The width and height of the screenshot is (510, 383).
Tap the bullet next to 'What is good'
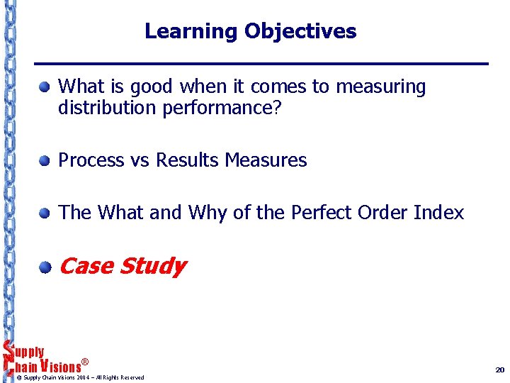(45, 88)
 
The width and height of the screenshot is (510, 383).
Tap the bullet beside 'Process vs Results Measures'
(45, 161)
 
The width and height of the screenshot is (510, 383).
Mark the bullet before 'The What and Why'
(45, 213)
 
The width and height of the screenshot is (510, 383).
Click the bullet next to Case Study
(45, 267)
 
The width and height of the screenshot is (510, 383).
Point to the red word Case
(86, 267)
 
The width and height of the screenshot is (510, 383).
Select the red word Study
(152, 267)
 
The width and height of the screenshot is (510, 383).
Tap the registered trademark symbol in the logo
(84, 362)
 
